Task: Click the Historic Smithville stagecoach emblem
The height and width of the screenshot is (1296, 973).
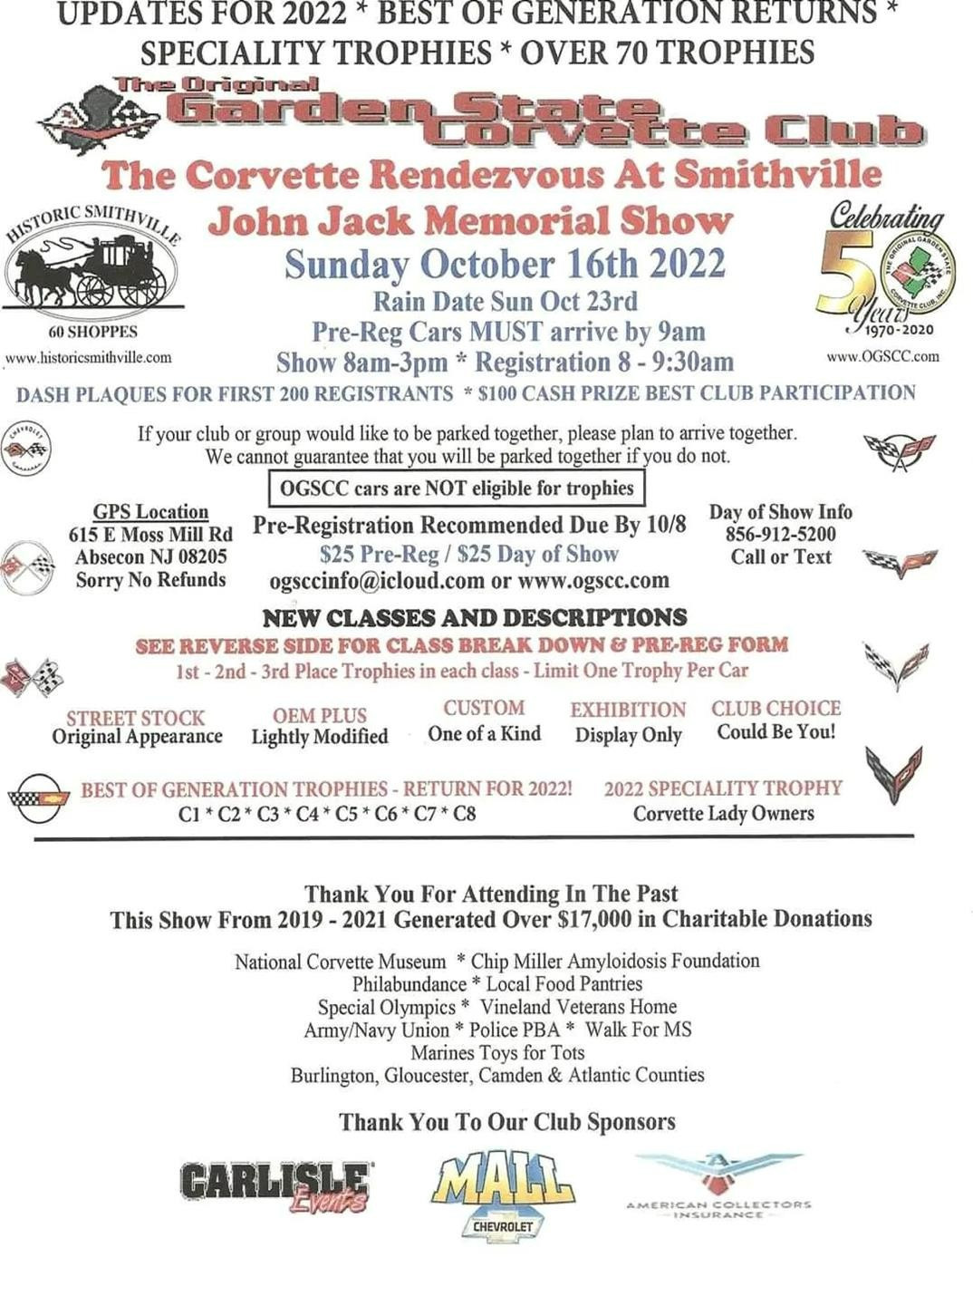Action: (x=91, y=266)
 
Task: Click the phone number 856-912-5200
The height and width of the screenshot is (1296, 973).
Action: (x=780, y=534)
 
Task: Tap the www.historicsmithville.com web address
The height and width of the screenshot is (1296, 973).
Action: (x=88, y=357)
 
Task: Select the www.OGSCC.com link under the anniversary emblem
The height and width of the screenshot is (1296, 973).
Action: (x=882, y=356)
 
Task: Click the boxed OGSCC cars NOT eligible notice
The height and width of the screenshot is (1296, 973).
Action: (x=457, y=488)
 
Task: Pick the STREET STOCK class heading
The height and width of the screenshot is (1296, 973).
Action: (x=136, y=717)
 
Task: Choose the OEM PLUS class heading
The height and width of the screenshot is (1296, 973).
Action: (x=320, y=715)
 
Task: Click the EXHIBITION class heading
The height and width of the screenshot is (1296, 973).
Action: (x=628, y=710)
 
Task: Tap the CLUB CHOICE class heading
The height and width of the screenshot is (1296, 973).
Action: (x=776, y=708)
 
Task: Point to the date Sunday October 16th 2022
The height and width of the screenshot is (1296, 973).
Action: (x=505, y=264)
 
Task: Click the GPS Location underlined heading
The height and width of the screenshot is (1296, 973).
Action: (x=150, y=512)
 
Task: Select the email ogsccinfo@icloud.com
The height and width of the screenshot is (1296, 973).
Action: (x=377, y=580)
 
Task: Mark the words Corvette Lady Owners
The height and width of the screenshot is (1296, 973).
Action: (x=723, y=813)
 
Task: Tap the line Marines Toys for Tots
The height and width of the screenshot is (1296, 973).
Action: (x=497, y=1052)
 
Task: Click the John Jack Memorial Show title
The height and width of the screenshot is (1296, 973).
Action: (x=470, y=221)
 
